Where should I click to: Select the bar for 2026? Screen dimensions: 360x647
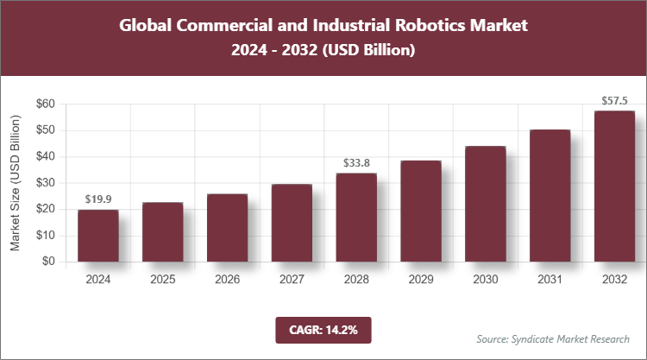(x=227, y=228)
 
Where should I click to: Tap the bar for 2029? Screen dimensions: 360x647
(x=421, y=212)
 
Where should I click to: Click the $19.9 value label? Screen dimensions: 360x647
(x=97, y=200)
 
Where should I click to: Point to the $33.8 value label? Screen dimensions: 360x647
(x=356, y=163)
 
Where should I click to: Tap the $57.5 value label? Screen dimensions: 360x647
(x=614, y=101)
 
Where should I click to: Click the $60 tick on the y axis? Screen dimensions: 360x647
(x=46, y=104)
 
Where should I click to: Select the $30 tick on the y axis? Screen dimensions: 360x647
(x=46, y=183)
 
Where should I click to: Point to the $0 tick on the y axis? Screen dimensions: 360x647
(x=49, y=262)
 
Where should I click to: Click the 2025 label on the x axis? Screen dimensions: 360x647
(x=162, y=279)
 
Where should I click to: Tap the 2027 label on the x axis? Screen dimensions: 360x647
(x=292, y=279)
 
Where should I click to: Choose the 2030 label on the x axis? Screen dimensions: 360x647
(x=485, y=279)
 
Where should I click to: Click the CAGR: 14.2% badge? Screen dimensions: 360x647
(x=323, y=329)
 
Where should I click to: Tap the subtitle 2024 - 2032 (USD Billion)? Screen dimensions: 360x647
(x=323, y=51)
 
